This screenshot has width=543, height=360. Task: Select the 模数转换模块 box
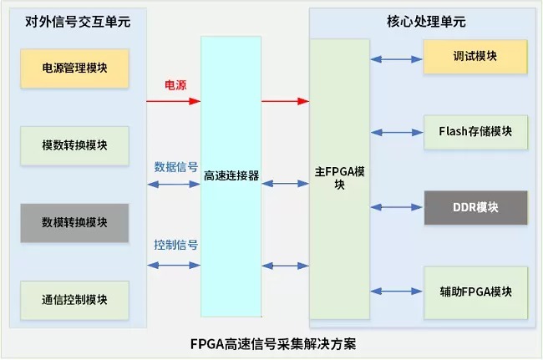click(74, 145)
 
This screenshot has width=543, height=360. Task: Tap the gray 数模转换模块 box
click(74, 222)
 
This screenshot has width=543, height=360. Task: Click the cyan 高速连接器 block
click(231, 176)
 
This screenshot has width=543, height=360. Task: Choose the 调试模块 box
click(474, 56)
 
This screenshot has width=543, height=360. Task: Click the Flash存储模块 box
click(474, 131)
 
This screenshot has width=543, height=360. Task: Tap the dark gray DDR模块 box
click(474, 207)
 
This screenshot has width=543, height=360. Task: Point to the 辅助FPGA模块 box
click(474, 292)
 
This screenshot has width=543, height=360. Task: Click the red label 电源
click(175, 85)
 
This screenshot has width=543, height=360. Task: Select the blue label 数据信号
click(175, 166)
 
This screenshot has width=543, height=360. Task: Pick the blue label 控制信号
click(175, 246)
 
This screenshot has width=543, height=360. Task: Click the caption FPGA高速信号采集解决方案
click(272, 344)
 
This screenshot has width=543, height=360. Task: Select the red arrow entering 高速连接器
click(174, 102)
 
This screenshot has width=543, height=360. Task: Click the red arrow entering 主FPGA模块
click(285, 102)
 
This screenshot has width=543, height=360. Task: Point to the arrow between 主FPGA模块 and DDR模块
click(397, 207)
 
